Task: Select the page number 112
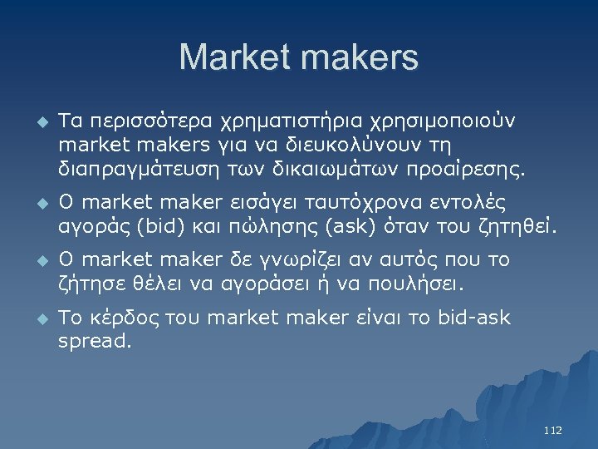pyautogui.click(x=552, y=430)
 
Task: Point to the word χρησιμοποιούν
pyautogui.click(x=436, y=121)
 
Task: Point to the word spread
pyautogui.click(x=94, y=341)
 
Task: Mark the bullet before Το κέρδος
pyautogui.click(x=43, y=317)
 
